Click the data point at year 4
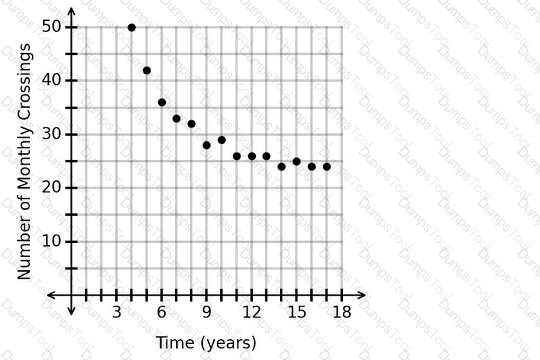(x=132, y=28)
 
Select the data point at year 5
(x=146, y=70)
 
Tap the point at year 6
(x=162, y=102)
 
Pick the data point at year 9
(x=207, y=146)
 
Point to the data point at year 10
(x=222, y=140)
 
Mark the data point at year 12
(x=252, y=156)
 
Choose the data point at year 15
(x=297, y=162)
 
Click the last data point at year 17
(x=327, y=167)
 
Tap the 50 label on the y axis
(x=52, y=26)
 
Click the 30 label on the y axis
(x=52, y=134)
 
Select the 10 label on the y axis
(x=52, y=241)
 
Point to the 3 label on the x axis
(x=117, y=312)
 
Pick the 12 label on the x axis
(x=252, y=312)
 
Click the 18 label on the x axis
(x=341, y=312)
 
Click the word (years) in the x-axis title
(x=229, y=343)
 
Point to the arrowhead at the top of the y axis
(x=71, y=11)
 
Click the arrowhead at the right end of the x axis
(x=362, y=295)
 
